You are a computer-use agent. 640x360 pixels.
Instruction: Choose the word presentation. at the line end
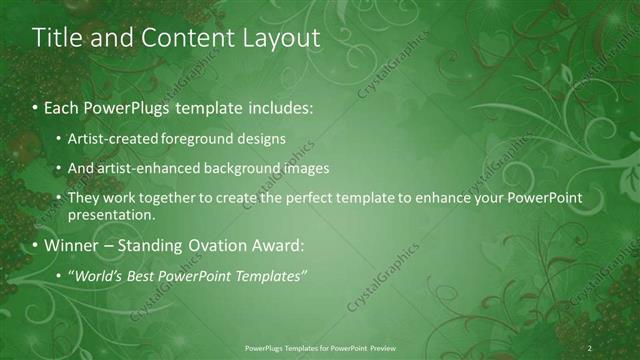[x=112, y=214]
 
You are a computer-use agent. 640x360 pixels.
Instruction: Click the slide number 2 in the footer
[x=590, y=348]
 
